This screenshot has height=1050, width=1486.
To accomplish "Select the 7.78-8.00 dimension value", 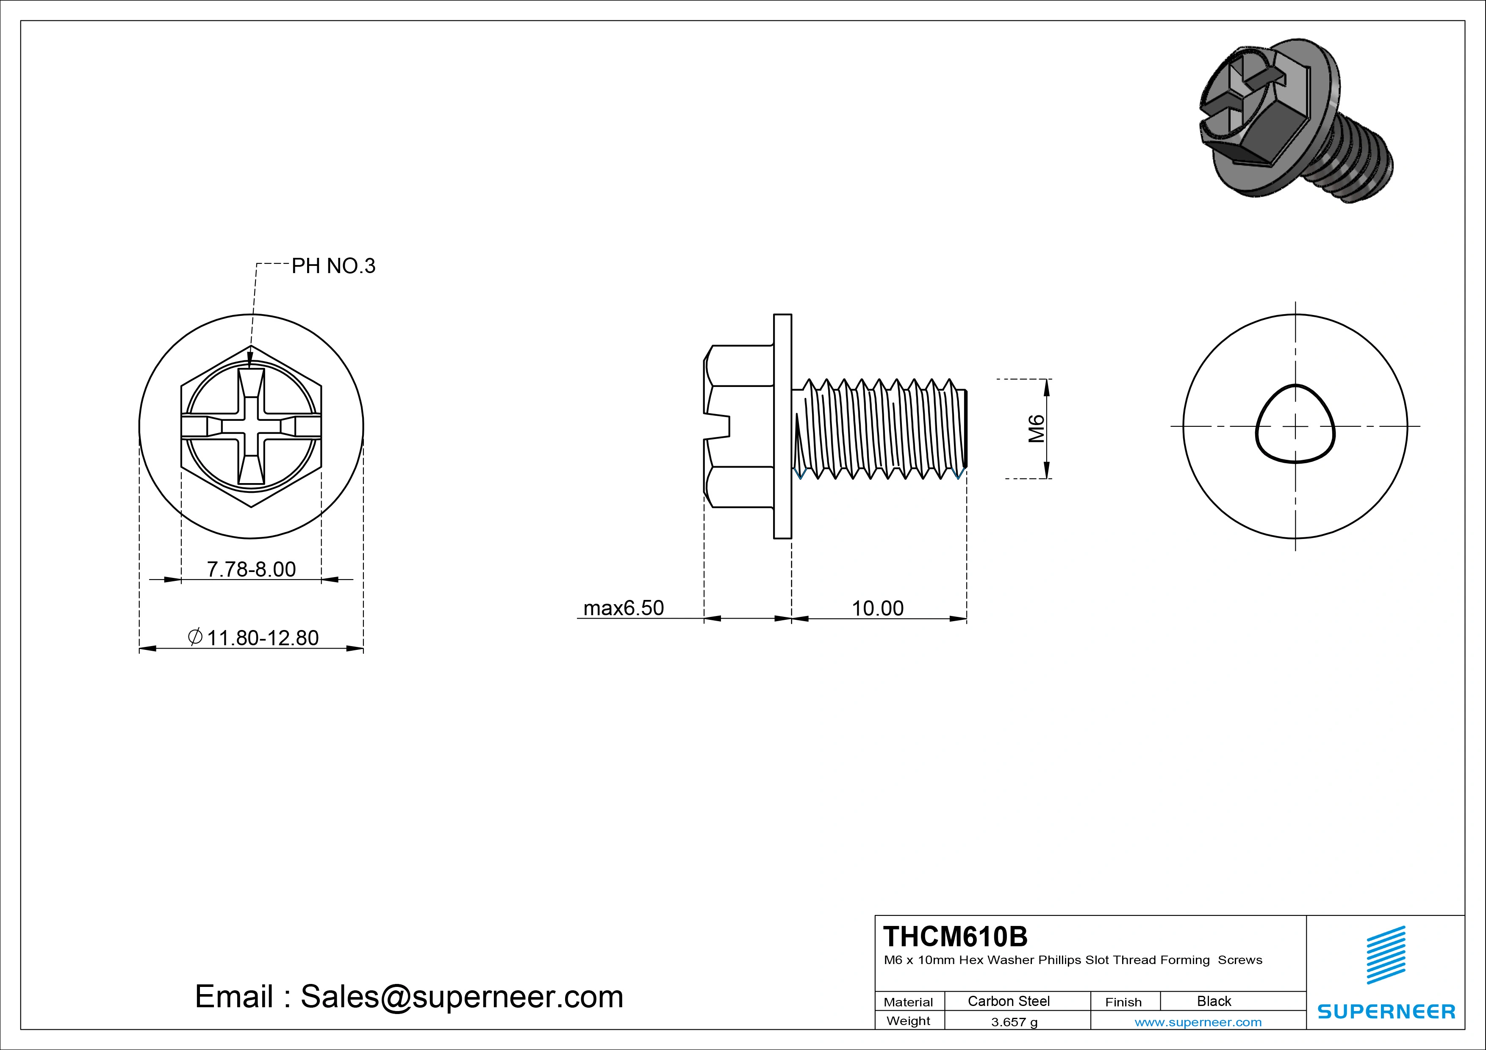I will (251, 569).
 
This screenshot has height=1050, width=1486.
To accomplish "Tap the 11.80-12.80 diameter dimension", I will (262, 638).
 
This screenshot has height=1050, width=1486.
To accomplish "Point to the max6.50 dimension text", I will (623, 608).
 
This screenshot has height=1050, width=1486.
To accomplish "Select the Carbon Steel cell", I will (1008, 1001).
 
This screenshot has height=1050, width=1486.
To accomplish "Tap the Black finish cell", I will (1214, 1001).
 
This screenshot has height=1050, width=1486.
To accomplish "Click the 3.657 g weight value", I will (1014, 1022).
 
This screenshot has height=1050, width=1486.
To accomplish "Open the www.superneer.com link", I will (1198, 1022).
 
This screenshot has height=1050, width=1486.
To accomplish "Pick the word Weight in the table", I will (908, 1021).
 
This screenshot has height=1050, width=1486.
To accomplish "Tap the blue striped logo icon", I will (1386, 955).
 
